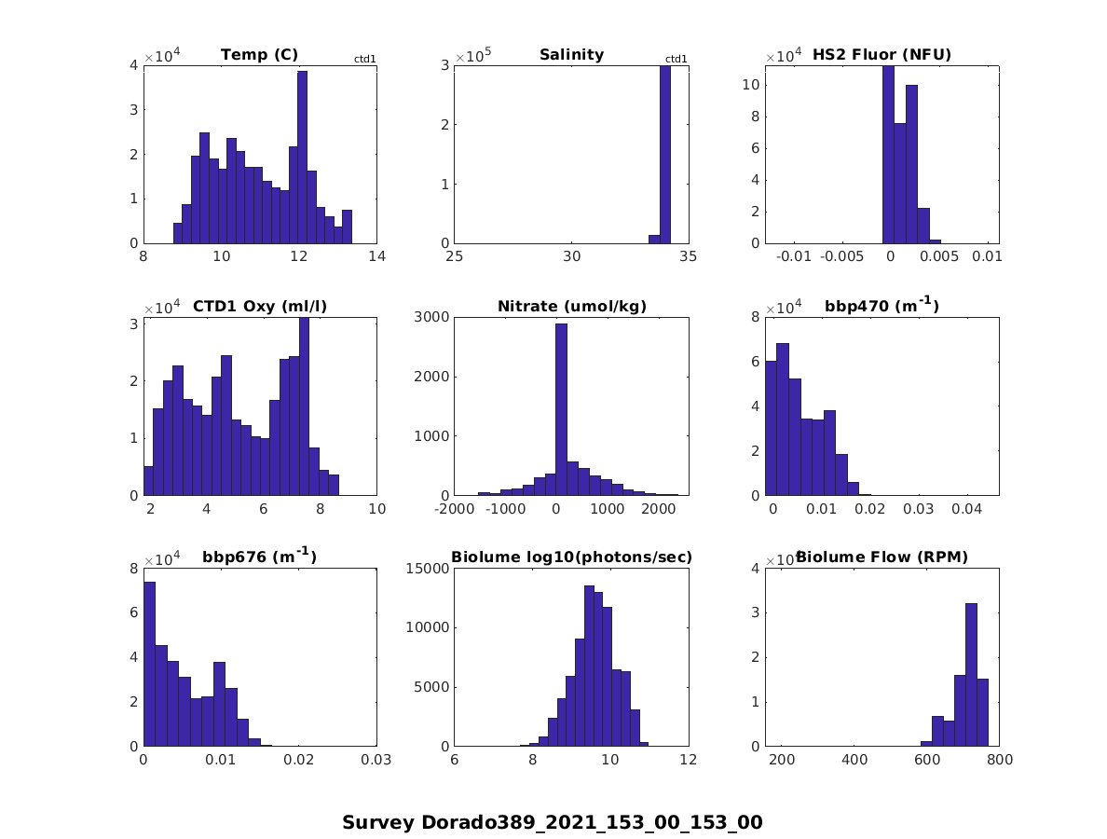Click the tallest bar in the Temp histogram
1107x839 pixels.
click(x=302, y=157)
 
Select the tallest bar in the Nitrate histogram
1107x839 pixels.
click(x=561, y=409)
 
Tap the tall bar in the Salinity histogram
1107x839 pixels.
click(x=665, y=154)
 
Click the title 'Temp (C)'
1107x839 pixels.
click(x=259, y=55)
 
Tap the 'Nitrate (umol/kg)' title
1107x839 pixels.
click(x=571, y=306)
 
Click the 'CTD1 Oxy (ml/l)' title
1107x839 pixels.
click(x=259, y=306)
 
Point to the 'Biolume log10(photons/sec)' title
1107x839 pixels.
click(x=571, y=557)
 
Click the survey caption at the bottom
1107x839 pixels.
click(x=553, y=822)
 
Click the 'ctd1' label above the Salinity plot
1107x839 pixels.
click(x=676, y=60)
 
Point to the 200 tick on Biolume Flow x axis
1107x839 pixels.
click(x=782, y=760)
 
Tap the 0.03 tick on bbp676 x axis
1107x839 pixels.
click(x=376, y=760)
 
